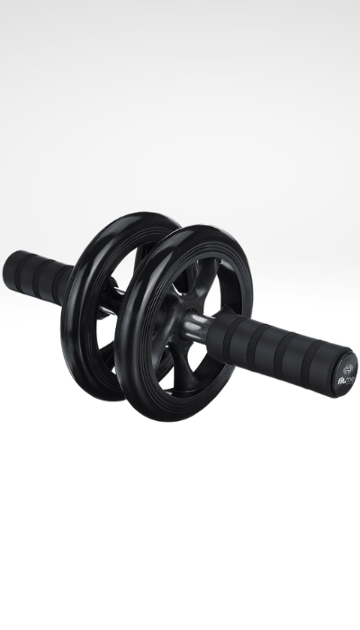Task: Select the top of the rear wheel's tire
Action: (x=144, y=218)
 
